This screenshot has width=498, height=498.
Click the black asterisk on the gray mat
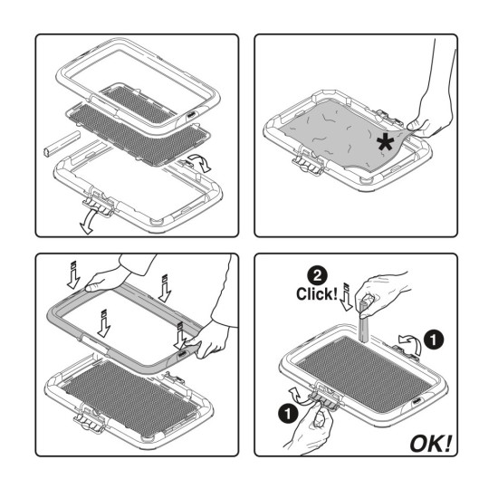[386, 142]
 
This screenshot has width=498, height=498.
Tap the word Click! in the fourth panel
[317, 294]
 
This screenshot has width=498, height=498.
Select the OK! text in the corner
[430, 444]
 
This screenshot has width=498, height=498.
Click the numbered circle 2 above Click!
[317, 276]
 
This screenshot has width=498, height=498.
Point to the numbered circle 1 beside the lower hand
[287, 414]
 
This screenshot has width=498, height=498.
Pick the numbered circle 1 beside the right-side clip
[434, 340]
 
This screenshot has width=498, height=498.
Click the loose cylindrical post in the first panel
[62, 144]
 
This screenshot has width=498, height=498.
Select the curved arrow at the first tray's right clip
[200, 162]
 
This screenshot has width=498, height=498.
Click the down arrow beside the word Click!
[347, 297]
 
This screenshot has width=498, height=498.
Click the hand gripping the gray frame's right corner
[216, 333]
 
